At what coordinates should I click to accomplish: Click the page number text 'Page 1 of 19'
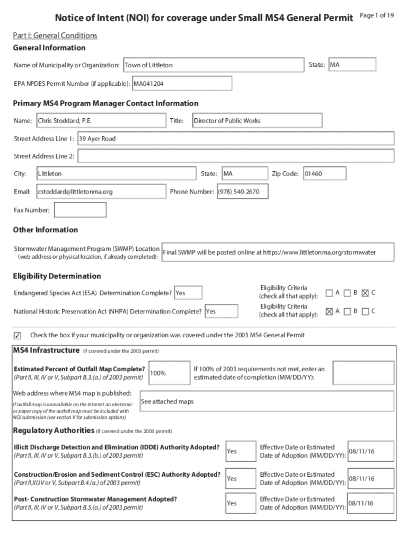coord(376,15)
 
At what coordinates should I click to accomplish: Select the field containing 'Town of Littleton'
coord(213,65)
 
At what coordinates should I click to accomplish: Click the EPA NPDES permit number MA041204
coord(181,84)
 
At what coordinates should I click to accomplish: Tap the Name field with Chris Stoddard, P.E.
coord(101,121)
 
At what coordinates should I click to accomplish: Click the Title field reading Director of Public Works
coord(256,121)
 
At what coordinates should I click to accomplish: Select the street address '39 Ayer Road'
coord(235,139)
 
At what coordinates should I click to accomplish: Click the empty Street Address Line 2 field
coord(235,156)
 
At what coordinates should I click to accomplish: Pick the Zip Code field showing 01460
coord(324,174)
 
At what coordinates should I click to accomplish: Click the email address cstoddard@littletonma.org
coord(101,191)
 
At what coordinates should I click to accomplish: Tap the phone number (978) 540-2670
coord(242,191)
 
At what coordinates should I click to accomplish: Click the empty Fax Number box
coord(80,210)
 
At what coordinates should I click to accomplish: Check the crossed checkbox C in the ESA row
coord(365,293)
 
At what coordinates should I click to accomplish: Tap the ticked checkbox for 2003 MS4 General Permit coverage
coord(17,336)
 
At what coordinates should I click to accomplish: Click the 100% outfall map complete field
coord(169,373)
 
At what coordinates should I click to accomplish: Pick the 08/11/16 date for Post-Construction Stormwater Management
coord(370,503)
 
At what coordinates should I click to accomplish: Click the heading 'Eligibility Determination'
coord(57,276)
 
